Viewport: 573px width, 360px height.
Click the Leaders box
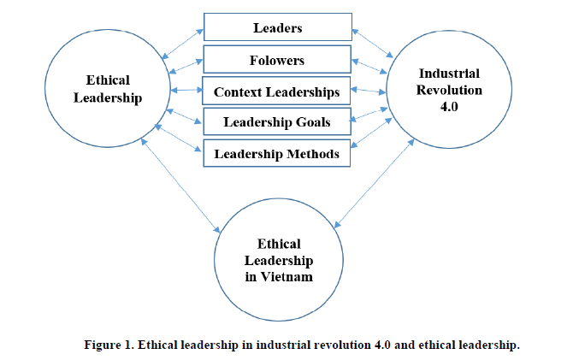click(276, 28)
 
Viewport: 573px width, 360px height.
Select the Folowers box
click(278, 60)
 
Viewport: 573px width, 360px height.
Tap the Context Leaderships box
click(276, 91)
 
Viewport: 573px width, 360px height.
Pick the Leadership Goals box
click(276, 122)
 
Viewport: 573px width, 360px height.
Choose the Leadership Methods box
click(276, 154)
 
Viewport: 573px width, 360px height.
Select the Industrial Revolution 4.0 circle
click(445, 89)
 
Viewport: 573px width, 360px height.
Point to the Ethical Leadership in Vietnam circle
click(278, 257)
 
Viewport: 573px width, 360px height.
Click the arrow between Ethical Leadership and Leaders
click(186, 42)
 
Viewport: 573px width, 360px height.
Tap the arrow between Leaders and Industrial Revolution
click(370, 43)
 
